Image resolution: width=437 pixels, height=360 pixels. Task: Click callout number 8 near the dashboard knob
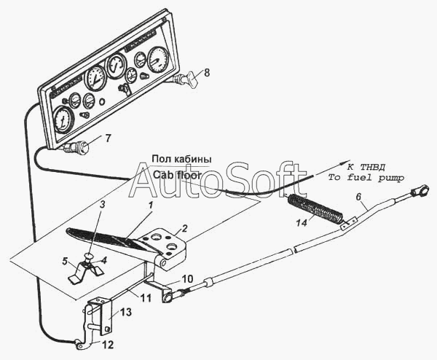pos(207,73)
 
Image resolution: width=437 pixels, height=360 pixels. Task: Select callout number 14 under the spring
pos(302,224)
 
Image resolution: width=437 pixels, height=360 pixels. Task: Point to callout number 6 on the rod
pos(358,197)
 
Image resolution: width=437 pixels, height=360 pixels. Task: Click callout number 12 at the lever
pos(108,345)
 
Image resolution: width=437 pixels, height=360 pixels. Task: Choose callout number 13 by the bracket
pos(126,312)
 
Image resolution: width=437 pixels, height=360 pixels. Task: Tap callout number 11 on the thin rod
pos(146,298)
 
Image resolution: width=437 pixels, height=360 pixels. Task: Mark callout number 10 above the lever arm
pos(187,279)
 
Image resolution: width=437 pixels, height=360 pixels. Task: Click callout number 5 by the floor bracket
pos(65,262)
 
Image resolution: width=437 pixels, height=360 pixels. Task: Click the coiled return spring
pos(314,209)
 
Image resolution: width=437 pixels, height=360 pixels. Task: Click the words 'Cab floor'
pos(177,175)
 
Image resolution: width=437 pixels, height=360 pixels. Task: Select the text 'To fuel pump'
pos(366,178)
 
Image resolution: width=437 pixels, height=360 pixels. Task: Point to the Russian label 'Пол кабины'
pos(181,159)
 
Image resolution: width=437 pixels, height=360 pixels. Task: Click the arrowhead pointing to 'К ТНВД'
pos(345,163)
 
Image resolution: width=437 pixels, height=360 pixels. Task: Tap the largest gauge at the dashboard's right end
pos(158,60)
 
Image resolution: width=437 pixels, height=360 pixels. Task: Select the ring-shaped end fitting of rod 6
pos(418,191)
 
